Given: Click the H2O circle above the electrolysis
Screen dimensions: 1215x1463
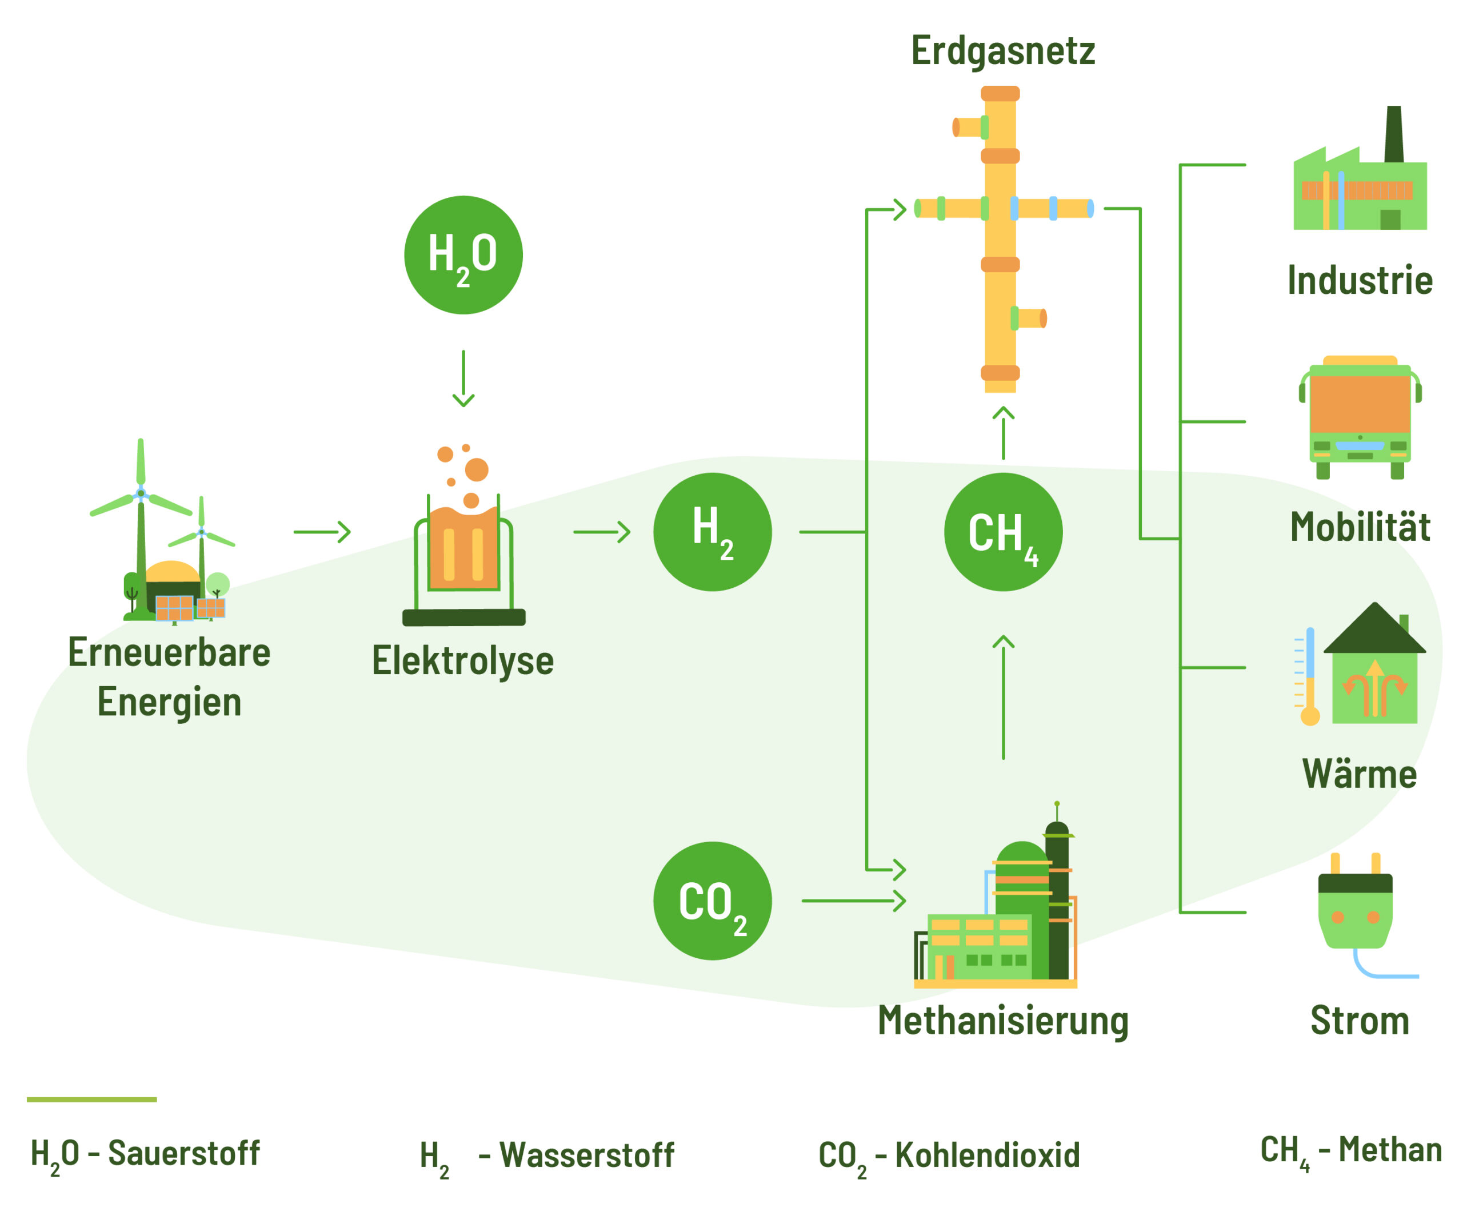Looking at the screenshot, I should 463,255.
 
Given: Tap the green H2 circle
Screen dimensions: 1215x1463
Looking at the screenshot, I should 712,532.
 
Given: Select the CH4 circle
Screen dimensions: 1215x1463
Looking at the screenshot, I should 1003,532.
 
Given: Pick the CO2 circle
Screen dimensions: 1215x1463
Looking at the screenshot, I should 712,901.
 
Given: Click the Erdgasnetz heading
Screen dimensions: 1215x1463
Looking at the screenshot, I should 1002,51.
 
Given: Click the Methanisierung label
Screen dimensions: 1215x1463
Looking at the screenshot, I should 1002,1021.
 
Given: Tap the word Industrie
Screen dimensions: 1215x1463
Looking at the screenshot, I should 1359,280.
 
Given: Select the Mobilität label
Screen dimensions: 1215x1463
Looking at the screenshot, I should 1359,527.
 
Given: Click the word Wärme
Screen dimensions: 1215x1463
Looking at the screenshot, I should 1359,774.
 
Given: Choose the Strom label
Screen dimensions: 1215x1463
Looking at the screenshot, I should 1359,1021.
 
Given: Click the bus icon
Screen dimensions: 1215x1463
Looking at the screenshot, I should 1359,418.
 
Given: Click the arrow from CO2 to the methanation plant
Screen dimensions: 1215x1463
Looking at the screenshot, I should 853,901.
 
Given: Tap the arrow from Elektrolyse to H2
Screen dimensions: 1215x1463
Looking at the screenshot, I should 602,532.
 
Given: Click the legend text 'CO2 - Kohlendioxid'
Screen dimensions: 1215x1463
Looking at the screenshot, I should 949,1156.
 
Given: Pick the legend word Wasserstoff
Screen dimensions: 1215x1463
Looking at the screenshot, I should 586,1155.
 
